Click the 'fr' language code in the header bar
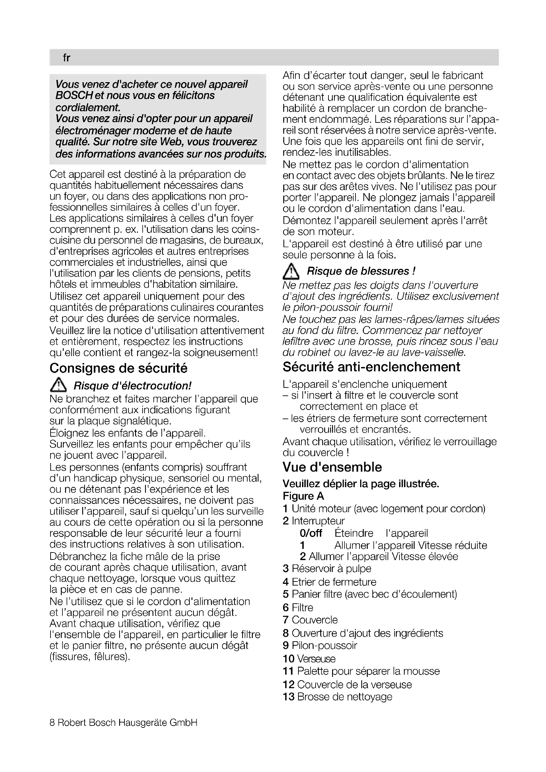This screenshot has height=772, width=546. (x=66, y=58)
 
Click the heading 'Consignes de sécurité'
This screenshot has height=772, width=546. (x=119, y=368)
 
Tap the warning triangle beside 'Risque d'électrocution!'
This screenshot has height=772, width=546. (x=58, y=385)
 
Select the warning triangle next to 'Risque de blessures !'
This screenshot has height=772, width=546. (x=291, y=272)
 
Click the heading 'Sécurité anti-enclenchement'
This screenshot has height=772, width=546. (x=371, y=367)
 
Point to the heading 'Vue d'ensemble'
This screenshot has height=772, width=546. (x=332, y=467)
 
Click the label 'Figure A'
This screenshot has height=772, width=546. (x=303, y=496)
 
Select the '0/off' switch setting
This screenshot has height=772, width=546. (x=311, y=533)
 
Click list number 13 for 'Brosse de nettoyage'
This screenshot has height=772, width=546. (x=289, y=696)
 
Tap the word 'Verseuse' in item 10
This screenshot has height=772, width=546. (x=316, y=659)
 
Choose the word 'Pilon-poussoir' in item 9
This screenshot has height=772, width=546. (x=324, y=645)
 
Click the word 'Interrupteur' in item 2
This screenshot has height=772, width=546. (x=318, y=521)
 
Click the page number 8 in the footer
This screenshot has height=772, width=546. (x=52, y=722)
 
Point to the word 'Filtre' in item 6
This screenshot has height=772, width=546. (x=302, y=608)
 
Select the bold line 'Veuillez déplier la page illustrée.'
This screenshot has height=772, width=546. (x=361, y=484)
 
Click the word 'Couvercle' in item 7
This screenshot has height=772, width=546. (x=315, y=620)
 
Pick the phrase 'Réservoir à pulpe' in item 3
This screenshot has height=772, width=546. (x=331, y=569)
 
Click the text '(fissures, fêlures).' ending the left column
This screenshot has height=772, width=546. (x=90, y=657)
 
